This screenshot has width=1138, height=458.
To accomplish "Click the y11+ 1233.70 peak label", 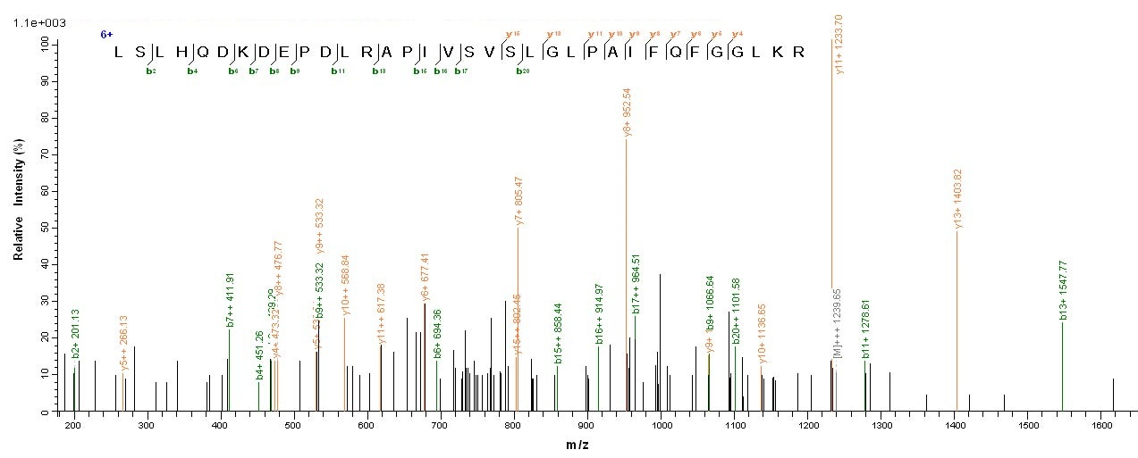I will coord(839,44).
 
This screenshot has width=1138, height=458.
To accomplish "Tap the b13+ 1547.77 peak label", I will coord(1063,290).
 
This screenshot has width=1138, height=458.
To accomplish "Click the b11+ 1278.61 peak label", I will coord(866,329).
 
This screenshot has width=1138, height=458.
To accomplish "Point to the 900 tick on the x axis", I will coord(586,427).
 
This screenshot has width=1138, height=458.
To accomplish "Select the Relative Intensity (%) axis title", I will coord(18,214).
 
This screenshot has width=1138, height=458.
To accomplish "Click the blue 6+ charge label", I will coord(106,34).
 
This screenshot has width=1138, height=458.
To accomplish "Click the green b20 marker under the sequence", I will coord(522,71).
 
